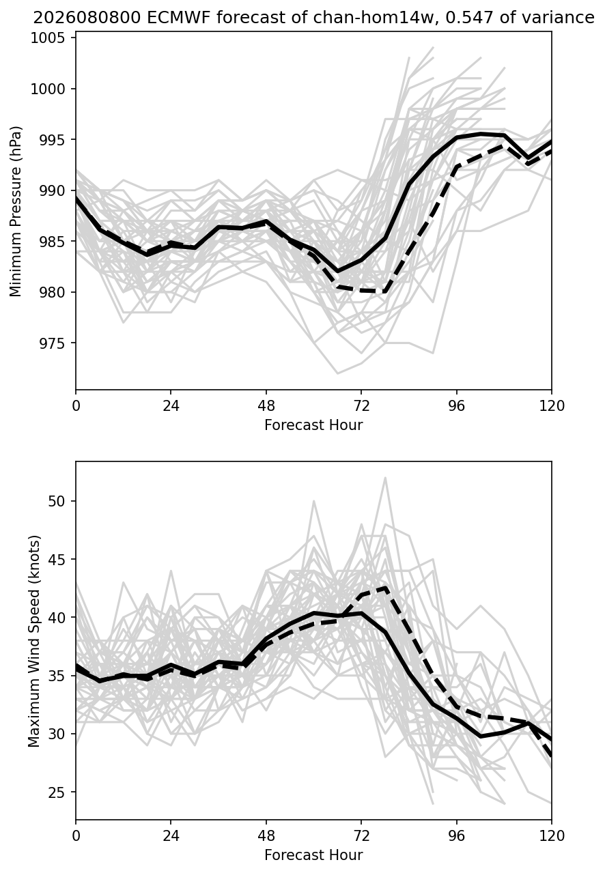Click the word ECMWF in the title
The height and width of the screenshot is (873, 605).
pyautogui.click(x=180, y=18)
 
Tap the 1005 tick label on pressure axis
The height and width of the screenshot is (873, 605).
pyautogui.click(x=47, y=38)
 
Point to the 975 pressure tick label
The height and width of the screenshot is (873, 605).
pyautogui.click(x=51, y=343)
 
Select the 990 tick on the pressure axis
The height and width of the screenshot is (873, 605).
pyautogui.click(x=51, y=190)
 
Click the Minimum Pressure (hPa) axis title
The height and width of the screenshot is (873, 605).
pyautogui.click(x=16, y=211)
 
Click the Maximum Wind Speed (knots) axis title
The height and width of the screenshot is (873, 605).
pyautogui.click(x=34, y=642)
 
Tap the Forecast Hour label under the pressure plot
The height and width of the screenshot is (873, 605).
pyautogui.click(x=313, y=425)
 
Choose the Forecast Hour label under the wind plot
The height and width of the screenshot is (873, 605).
pyautogui.click(x=313, y=855)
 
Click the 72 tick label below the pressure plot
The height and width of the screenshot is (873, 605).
pyautogui.click(x=361, y=406)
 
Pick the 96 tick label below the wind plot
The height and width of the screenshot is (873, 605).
pyautogui.click(x=456, y=836)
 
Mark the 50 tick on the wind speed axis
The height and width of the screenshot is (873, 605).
pyautogui.click(x=56, y=501)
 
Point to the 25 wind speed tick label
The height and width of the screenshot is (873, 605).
pyautogui.click(x=56, y=792)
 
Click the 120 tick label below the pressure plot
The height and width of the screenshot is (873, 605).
pyautogui.click(x=552, y=406)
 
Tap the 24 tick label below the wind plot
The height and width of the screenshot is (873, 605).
pyautogui.click(x=171, y=836)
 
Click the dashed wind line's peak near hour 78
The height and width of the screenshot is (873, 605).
pyautogui.click(x=386, y=587)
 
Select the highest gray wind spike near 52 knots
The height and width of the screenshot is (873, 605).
pyautogui.click(x=385, y=478)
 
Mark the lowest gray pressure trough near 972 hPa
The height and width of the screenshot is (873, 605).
pyautogui.click(x=337, y=373)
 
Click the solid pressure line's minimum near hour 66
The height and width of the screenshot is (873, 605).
pyautogui.click(x=337, y=272)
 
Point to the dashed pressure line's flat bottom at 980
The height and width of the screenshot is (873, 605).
pyautogui.click(x=362, y=290)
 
